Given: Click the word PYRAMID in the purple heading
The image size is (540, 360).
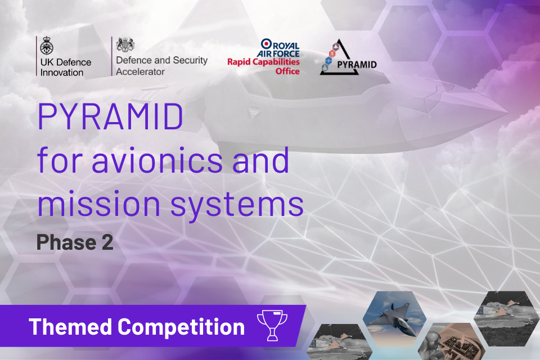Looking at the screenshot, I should click(x=110, y=116).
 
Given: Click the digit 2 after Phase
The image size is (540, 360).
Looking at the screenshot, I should click(x=107, y=242).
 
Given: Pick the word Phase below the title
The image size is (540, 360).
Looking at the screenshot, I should click(x=65, y=242).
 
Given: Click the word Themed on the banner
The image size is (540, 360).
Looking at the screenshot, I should click(x=71, y=326).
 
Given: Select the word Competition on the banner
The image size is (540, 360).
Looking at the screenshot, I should click(x=181, y=326).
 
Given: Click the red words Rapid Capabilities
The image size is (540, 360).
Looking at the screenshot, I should click(x=263, y=62).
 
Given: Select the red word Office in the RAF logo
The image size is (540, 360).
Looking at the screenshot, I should click(x=287, y=71).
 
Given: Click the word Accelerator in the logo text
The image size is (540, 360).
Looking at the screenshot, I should click(x=140, y=71).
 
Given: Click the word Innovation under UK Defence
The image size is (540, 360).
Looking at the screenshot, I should click(x=62, y=73).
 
